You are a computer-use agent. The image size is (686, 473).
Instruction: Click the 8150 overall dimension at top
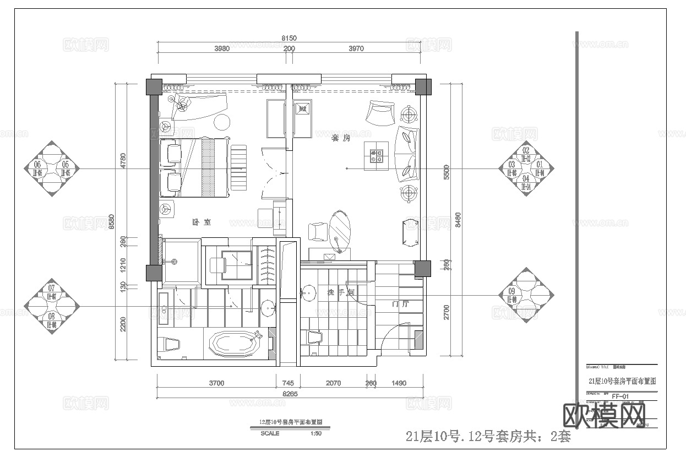point(289,38)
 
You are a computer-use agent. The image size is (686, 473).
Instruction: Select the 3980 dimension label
point(221,48)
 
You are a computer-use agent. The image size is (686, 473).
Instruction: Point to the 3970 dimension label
point(356,48)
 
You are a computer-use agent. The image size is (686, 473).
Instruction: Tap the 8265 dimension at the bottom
point(290,394)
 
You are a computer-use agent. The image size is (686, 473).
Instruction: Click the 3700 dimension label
point(216,383)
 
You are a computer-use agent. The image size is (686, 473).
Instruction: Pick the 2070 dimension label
point(333,383)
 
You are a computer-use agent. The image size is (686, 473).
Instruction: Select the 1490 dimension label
point(399,383)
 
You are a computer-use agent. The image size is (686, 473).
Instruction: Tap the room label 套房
point(340,138)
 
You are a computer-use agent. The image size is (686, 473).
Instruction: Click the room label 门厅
point(400,304)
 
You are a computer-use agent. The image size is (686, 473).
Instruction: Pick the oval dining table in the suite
point(340,227)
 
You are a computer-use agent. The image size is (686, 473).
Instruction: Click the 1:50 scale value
point(316,433)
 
